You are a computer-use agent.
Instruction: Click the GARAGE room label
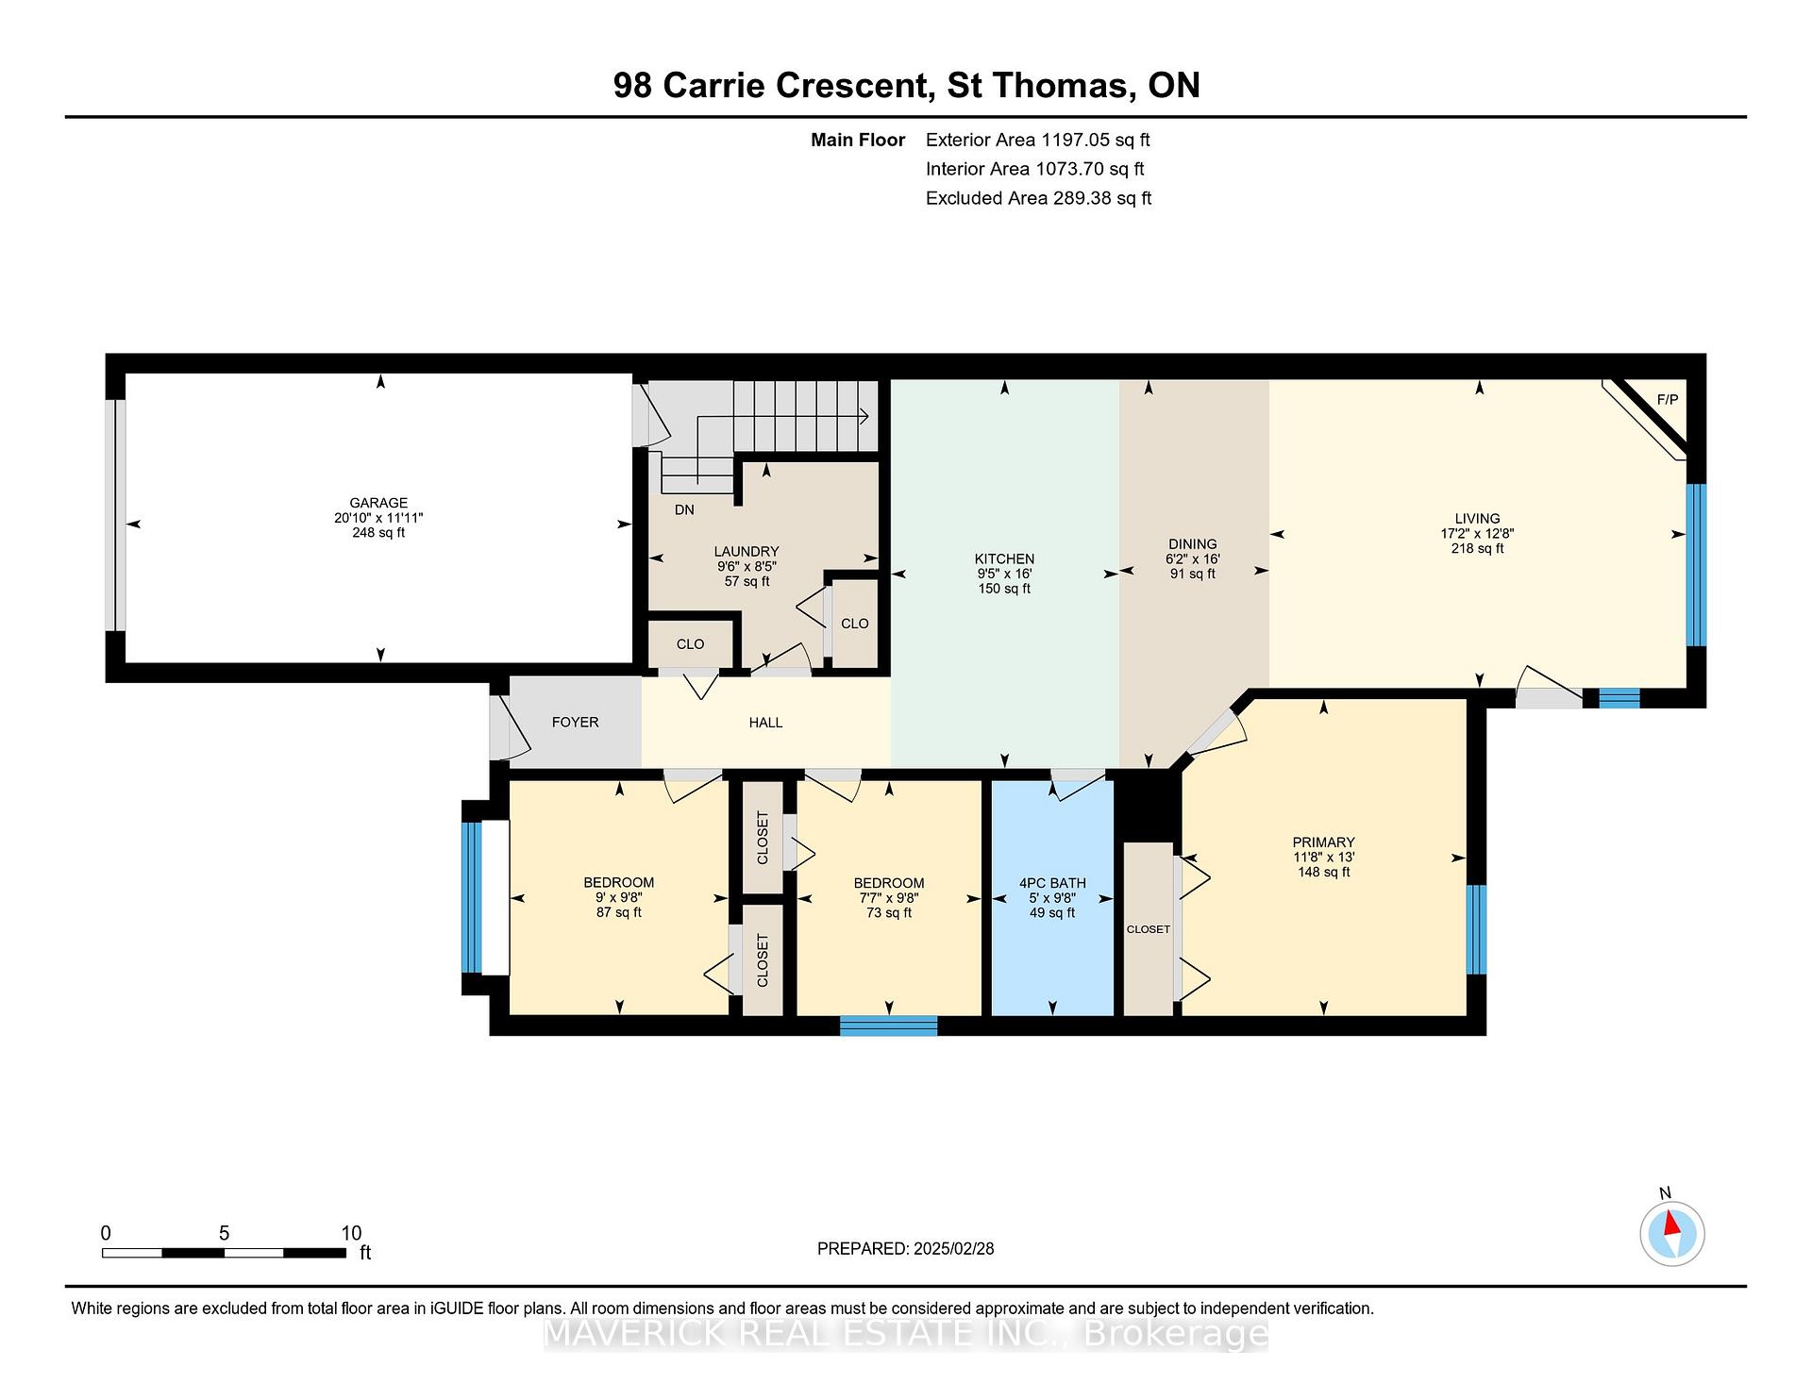tap(378, 503)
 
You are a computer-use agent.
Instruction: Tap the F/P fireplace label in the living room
tap(1668, 400)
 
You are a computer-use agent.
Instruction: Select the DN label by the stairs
tap(684, 509)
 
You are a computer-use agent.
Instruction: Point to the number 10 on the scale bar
tap(351, 1233)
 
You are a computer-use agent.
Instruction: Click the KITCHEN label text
tap(1004, 558)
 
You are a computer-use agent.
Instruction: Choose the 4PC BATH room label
tap(1052, 883)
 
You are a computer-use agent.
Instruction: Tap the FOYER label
tap(575, 722)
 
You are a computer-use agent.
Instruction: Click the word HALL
tap(765, 722)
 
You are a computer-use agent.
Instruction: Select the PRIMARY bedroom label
tap(1323, 842)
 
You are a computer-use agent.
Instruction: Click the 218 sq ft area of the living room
tap(1477, 548)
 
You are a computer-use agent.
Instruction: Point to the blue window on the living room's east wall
tap(1696, 565)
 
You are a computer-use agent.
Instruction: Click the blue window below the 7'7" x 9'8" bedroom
tap(888, 1025)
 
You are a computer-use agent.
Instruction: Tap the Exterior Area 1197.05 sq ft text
tap(1037, 140)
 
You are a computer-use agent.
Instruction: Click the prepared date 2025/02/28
tap(953, 1248)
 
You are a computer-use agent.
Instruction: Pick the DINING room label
tap(1192, 543)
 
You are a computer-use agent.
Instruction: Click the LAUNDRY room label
tap(746, 551)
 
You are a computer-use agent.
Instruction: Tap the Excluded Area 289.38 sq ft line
tap(1038, 198)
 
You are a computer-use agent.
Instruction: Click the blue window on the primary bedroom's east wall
tap(1476, 929)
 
